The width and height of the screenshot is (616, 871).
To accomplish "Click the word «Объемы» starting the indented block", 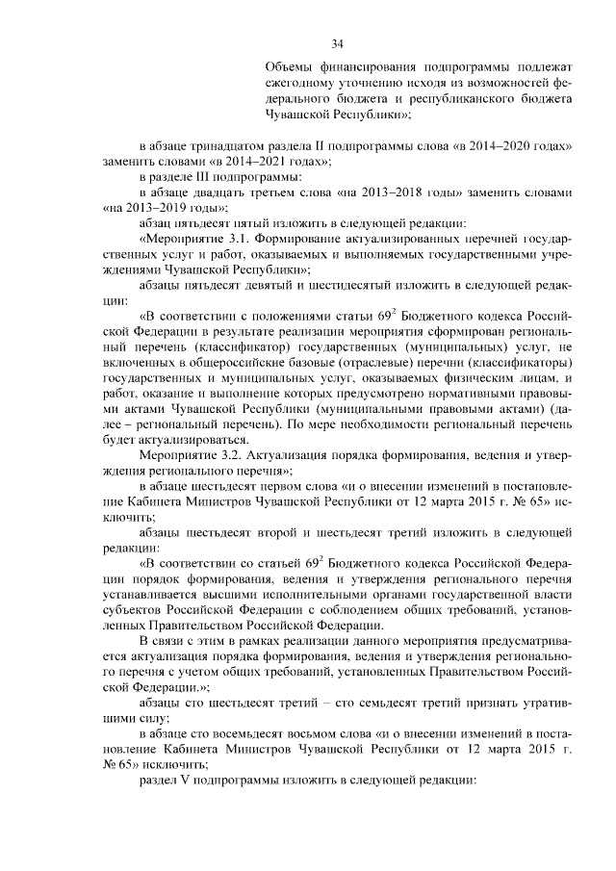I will [x=292, y=68].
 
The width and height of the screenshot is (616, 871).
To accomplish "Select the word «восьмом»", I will [x=314, y=733].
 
